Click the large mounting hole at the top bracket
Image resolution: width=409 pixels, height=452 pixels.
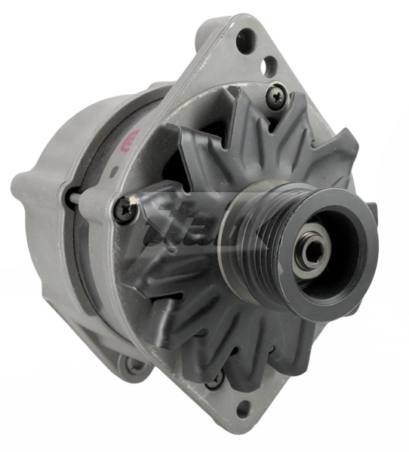[244, 41]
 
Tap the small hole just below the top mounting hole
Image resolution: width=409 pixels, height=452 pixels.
[264, 66]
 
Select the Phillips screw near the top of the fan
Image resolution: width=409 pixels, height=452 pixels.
[275, 95]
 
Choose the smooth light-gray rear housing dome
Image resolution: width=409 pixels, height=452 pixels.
[68, 143]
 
